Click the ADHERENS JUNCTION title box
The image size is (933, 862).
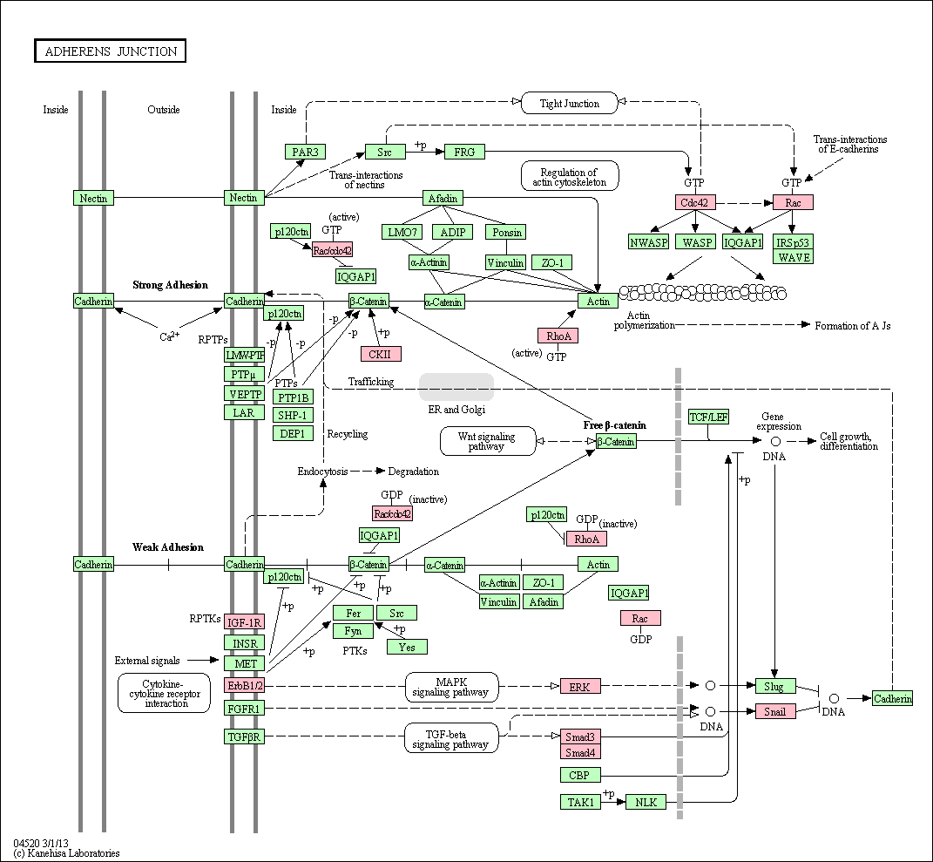click(110, 51)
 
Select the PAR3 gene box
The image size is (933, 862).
click(305, 152)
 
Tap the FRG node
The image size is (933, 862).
click(464, 152)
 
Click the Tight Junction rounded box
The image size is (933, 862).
click(570, 103)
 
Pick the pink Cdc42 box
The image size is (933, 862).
click(694, 202)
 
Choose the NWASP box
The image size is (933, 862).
click(649, 242)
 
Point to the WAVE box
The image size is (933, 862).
click(794, 257)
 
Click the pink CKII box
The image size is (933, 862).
click(380, 354)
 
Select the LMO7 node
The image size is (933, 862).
click(402, 232)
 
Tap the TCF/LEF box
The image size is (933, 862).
click(708, 417)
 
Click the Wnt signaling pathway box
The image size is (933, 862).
click(488, 441)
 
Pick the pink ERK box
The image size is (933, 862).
click(580, 687)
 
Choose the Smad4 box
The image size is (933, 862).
click(580, 752)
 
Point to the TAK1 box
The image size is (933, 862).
click(580, 802)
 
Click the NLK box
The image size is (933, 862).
click(646, 802)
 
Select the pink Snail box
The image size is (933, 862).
click(775, 711)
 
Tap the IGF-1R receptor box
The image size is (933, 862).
click(245, 622)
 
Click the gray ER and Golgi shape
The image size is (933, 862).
click(456, 387)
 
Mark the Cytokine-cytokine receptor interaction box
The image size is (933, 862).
click(165, 693)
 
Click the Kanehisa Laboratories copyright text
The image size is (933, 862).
click(66, 853)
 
